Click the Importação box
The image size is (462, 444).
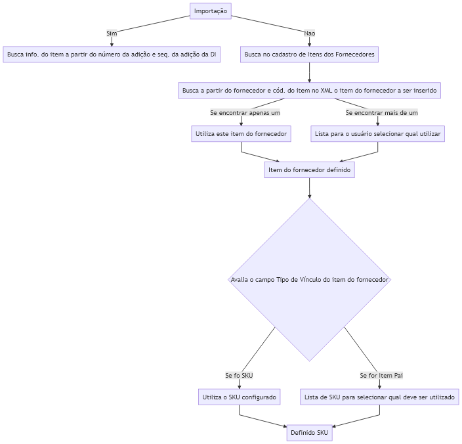click(x=211, y=11)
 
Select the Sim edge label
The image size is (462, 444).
click(x=112, y=33)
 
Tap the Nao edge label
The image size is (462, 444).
click(x=309, y=33)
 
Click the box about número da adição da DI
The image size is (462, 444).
click(x=112, y=55)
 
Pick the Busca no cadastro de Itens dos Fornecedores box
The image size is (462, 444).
click(x=309, y=55)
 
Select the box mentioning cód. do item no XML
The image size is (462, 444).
click(x=309, y=90)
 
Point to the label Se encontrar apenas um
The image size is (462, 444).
click(x=245, y=112)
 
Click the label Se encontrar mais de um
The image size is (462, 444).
click(x=381, y=112)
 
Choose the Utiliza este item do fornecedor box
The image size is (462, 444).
click(x=241, y=134)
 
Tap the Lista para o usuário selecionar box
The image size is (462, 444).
click(x=378, y=134)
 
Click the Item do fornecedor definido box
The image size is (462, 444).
click(x=309, y=170)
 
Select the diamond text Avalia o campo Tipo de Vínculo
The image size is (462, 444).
click(x=309, y=280)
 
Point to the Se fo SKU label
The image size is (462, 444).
click(x=239, y=375)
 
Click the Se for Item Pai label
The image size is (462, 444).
click(x=381, y=375)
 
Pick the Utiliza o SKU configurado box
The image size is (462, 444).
click(x=240, y=397)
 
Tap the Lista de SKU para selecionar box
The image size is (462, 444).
click(x=379, y=397)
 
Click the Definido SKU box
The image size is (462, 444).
click(x=309, y=433)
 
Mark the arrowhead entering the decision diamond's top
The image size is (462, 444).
click(x=309, y=196)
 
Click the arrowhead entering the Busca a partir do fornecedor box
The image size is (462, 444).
click(x=309, y=80)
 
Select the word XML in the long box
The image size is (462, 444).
click(x=326, y=90)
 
